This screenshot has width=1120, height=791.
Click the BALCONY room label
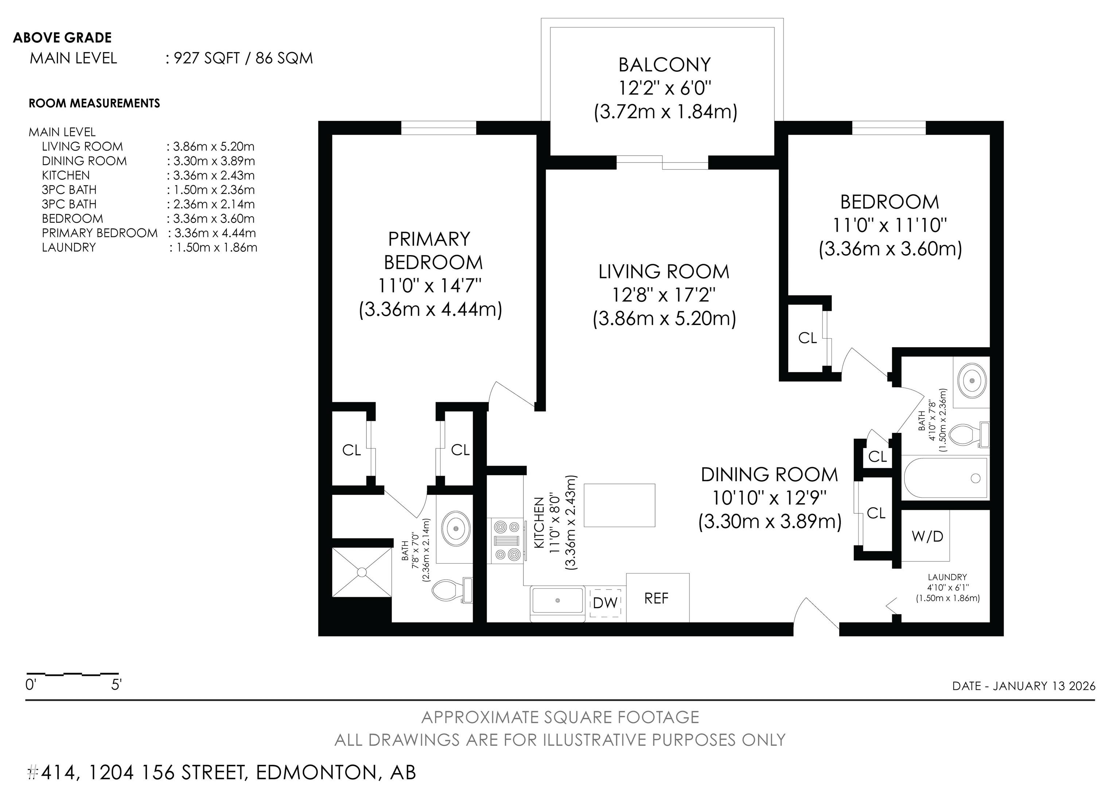664,65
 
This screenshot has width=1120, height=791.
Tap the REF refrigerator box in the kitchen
658,598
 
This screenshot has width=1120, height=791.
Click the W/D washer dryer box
927,536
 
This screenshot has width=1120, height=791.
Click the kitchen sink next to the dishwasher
557,600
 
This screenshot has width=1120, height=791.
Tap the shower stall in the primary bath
362,572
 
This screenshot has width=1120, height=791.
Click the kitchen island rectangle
619,505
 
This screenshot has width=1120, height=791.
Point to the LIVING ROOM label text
664,272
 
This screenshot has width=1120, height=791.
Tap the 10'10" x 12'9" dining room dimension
769,498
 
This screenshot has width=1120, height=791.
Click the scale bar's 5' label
116,685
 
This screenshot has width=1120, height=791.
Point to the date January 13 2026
1043,686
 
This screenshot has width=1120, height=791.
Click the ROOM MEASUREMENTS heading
94,103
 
